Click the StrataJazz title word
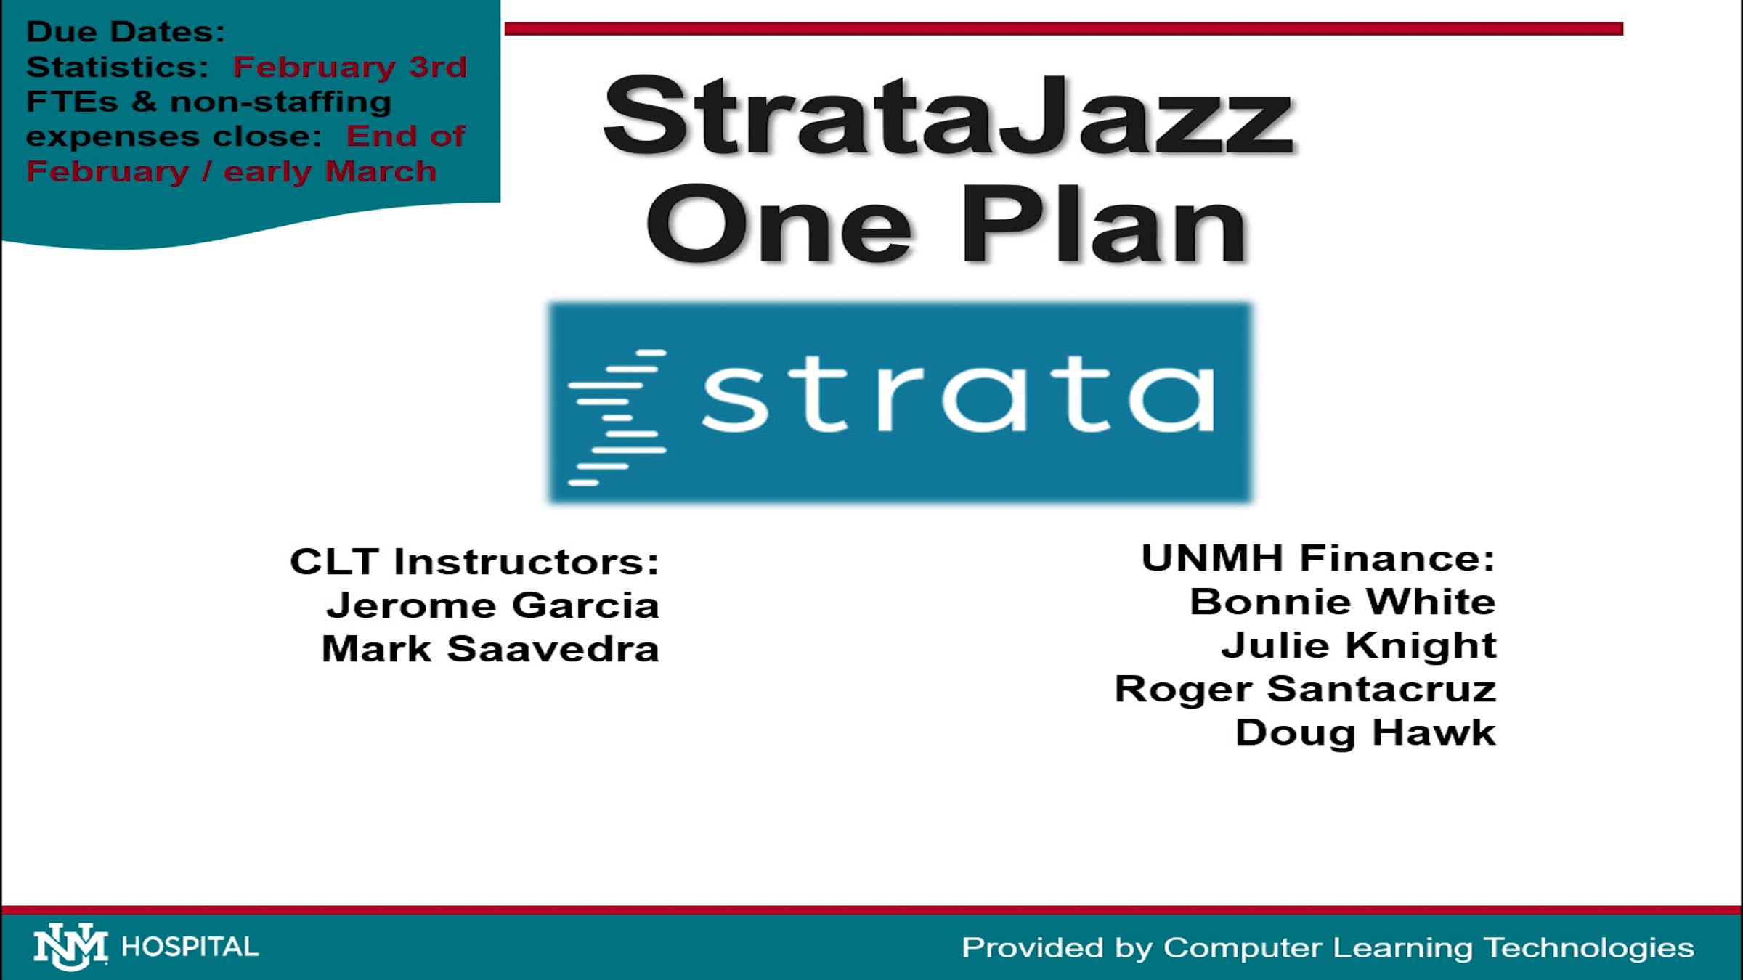click(x=948, y=116)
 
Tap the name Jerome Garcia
click(x=492, y=605)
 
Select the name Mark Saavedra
click(x=490, y=649)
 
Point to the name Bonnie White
click(x=1342, y=602)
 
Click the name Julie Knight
click(x=1358, y=645)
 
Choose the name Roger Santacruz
click(x=1305, y=689)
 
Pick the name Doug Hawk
click(x=1365, y=732)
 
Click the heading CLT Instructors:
click(x=474, y=562)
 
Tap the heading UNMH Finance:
click(x=1317, y=558)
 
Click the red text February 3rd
click(x=349, y=67)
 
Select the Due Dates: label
click(x=126, y=32)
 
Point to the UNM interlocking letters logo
click(x=70, y=947)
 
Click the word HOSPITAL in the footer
click(x=190, y=947)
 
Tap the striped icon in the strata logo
click(x=617, y=417)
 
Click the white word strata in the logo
click(x=957, y=396)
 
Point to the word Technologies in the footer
click(x=1588, y=948)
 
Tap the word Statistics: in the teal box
click(x=117, y=67)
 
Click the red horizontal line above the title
click(x=1063, y=28)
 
